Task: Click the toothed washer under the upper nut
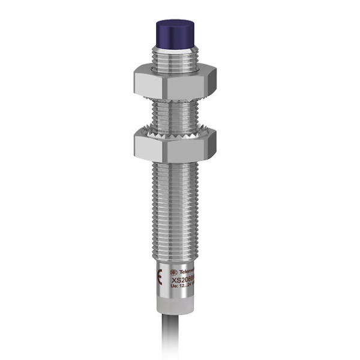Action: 175,100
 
